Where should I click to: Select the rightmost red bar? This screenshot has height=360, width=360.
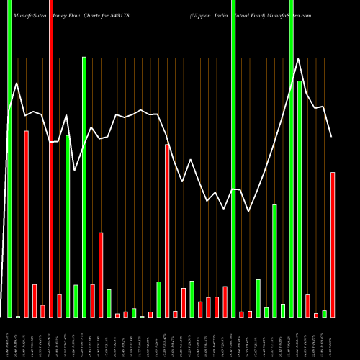click(333, 245)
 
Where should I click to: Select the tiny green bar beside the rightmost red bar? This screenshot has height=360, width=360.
click(324, 313)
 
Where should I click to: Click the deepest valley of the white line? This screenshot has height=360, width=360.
click(249, 211)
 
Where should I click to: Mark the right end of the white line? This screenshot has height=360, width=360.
click(332, 137)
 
